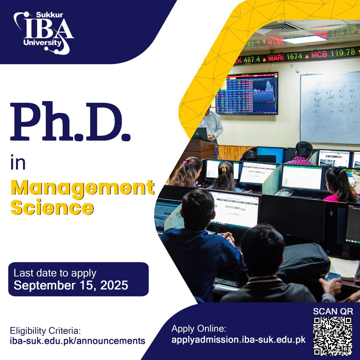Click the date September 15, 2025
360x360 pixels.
71,285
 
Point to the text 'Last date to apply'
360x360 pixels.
55,273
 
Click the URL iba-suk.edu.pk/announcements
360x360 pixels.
77,340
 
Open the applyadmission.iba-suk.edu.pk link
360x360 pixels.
238,339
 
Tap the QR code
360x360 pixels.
333,336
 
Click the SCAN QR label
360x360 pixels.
333,311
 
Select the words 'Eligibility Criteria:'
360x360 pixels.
46,330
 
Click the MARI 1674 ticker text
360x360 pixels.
285,57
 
